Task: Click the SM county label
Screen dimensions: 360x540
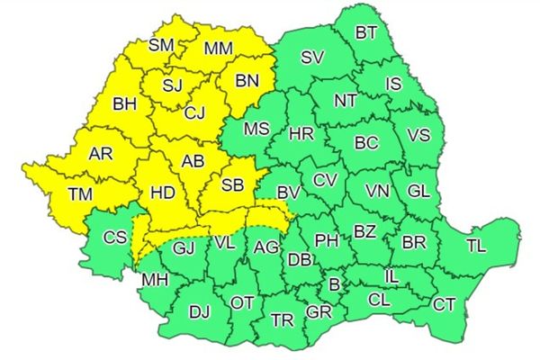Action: (x=162, y=44)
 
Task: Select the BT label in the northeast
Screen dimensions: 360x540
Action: (x=366, y=33)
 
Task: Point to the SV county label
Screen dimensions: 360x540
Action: (x=312, y=58)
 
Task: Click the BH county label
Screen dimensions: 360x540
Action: (x=125, y=105)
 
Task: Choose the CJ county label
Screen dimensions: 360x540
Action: (x=195, y=113)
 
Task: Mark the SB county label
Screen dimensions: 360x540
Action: (x=232, y=185)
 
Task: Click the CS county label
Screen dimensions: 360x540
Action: (x=114, y=238)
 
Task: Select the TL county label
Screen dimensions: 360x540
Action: (x=478, y=244)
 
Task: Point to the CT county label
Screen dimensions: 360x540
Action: (x=445, y=304)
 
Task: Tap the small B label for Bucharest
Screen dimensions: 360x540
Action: (x=336, y=284)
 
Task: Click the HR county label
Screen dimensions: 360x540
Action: (x=301, y=134)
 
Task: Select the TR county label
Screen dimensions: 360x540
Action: (x=283, y=319)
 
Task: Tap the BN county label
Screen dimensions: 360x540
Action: (x=247, y=82)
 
